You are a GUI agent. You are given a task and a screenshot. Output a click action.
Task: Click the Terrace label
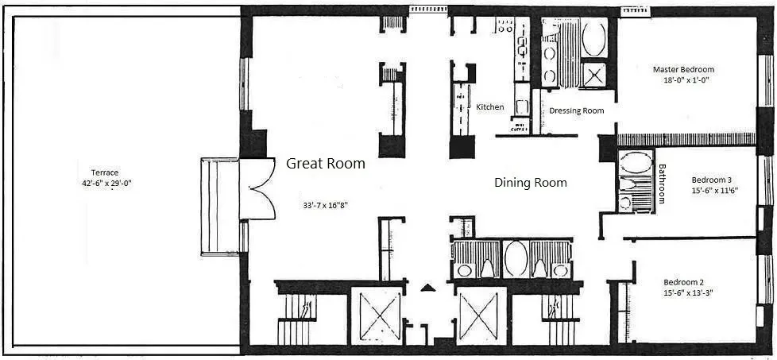105,172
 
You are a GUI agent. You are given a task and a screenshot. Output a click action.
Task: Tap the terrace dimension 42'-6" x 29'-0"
105,183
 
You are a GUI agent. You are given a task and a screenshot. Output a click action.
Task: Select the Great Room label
326,164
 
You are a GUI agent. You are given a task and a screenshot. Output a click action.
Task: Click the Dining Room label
531,183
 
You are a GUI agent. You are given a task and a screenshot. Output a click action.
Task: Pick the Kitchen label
490,106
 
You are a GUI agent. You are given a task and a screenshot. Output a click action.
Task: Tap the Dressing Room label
577,110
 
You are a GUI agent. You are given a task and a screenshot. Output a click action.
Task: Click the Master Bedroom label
683,69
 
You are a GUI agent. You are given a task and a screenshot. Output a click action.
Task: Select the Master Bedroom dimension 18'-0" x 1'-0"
683,80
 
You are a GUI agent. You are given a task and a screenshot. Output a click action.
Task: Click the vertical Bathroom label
662,184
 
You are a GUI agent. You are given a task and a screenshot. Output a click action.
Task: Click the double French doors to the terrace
257,189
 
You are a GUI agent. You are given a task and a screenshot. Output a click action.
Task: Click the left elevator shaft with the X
377,315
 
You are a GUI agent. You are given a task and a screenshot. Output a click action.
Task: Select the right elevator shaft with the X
481,315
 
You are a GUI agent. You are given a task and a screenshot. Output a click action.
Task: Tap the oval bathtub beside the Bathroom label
635,165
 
